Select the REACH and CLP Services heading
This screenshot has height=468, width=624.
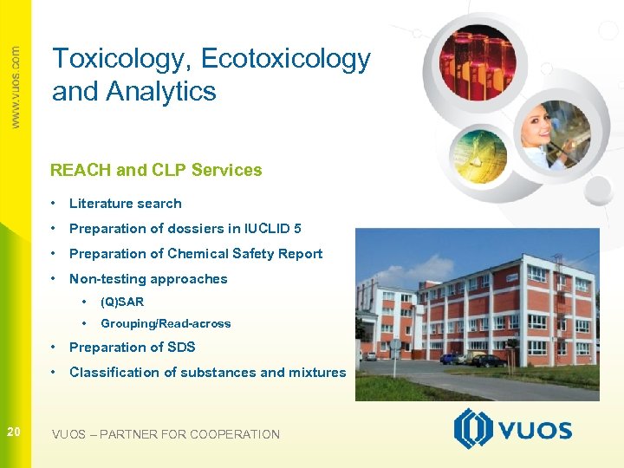(x=156, y=170)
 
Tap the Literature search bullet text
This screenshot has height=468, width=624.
(x=125, y=204)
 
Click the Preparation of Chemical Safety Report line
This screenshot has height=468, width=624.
(x=195, y=254)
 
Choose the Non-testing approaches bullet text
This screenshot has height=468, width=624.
(x=147, y=279)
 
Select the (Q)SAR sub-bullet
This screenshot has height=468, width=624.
(x=122, y=302)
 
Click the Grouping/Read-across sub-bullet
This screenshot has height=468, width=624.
(x=166, y=324)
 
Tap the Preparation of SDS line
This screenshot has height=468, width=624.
(x=132, y=348)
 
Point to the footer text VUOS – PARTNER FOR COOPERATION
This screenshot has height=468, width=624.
(x=166, y=434)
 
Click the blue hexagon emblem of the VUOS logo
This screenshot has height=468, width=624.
(x=473, y=429)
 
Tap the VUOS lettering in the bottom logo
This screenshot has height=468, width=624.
(x=534, y=431)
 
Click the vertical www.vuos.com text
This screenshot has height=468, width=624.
(x=15, y=87)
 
